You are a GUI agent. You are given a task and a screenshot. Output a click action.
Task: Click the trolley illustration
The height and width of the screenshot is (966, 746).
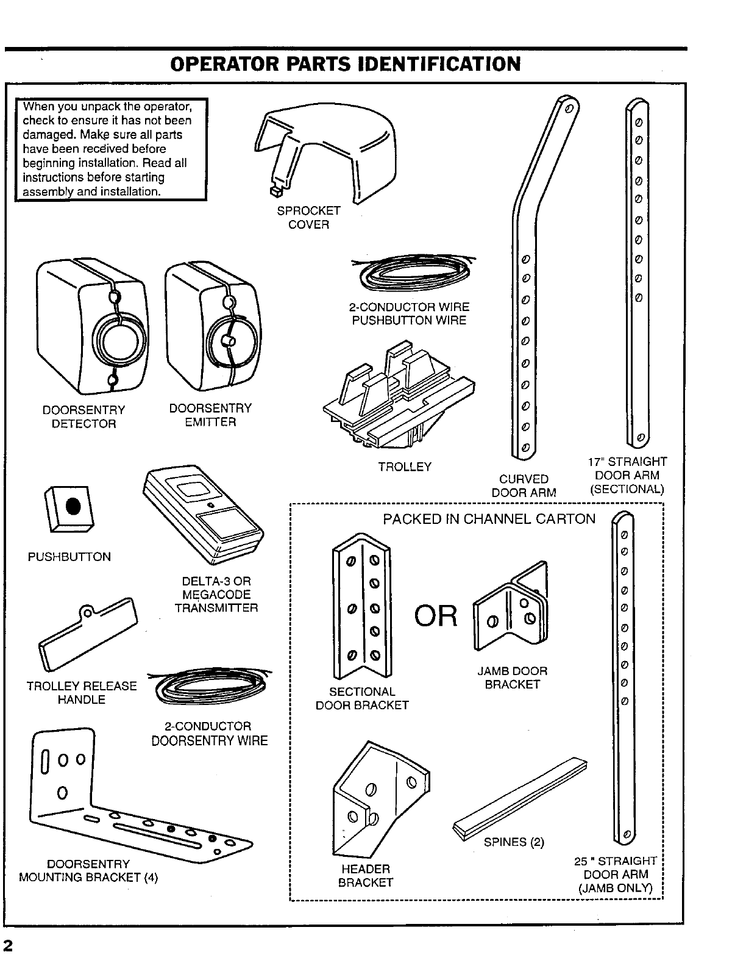pos(399,396)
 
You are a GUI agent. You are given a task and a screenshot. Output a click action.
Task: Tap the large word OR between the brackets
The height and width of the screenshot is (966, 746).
pos(436,617)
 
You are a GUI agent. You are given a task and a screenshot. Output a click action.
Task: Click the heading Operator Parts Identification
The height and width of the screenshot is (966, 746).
pos(346,63)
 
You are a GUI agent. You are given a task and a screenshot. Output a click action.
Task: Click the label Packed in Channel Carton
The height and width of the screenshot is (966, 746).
pos(489,519)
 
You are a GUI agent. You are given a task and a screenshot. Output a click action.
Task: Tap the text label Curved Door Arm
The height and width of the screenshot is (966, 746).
pos(524,485)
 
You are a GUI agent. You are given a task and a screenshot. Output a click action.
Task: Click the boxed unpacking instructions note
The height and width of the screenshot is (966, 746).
pos(112,149)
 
